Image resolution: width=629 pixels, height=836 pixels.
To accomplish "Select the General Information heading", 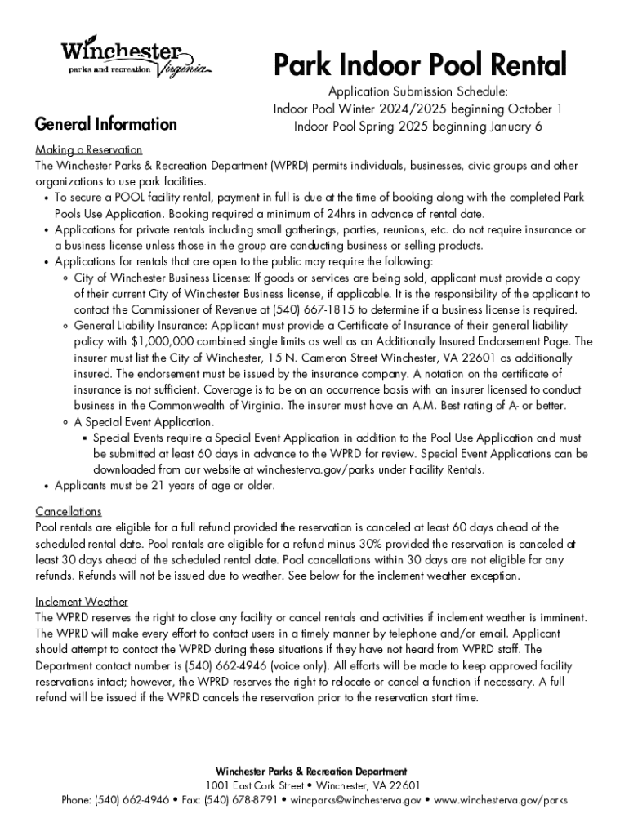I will [x=105, y=124].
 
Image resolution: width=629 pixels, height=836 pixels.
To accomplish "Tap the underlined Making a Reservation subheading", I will [x=88, y=150].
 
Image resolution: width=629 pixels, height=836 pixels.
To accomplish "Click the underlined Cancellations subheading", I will [x=69, y=512].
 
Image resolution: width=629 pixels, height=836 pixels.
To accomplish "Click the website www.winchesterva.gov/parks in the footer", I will [x=500, y=800].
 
